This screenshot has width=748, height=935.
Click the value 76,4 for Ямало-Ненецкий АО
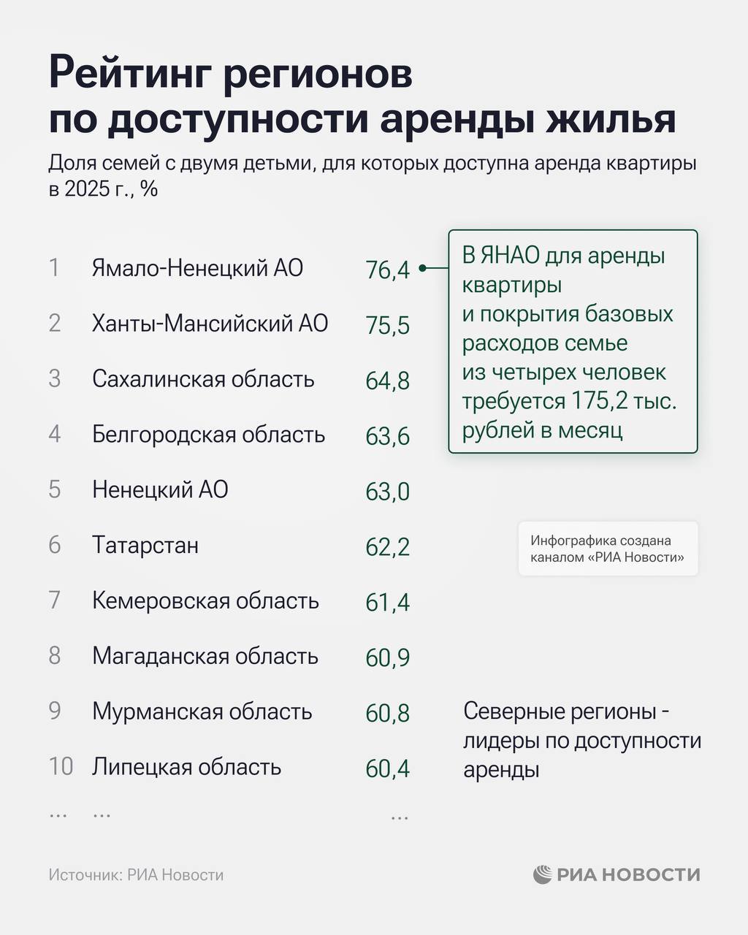[387, 270]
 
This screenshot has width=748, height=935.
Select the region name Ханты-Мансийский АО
[210, 324]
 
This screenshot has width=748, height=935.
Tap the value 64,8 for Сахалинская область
[387, 381]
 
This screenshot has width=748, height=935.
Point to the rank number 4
[55, 435]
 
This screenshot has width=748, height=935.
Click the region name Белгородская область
[208, 435]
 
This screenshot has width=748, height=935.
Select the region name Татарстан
[145, 546]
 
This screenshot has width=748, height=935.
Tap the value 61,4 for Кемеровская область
[387, 603]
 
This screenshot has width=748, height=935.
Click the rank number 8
[55, 656]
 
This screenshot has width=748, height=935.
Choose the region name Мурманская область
[202, 712]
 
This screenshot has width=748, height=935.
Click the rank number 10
[61, 767]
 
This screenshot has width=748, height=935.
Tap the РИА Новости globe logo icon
[542, 874]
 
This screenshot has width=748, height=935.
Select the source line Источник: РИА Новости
[136, 875]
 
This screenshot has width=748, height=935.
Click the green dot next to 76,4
[422, 269]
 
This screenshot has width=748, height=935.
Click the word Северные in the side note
[512, 711]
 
